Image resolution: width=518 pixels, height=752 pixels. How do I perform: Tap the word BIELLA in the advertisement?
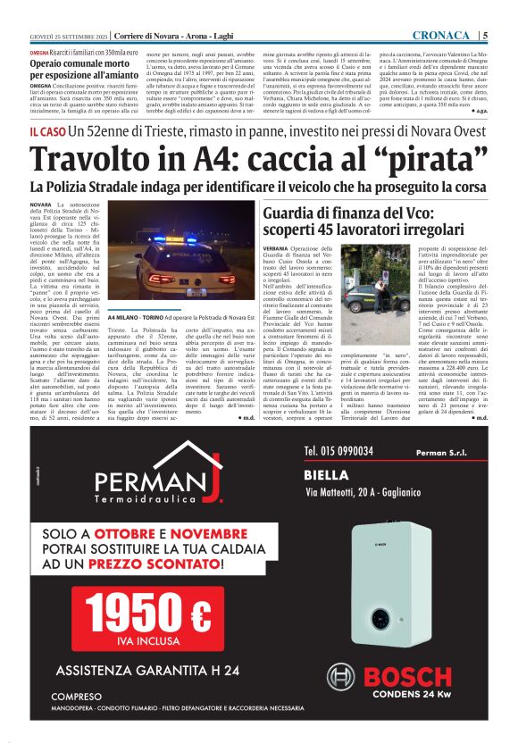click(332, 474)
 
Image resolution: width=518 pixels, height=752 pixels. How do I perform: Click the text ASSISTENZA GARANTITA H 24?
click(147, 670)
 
